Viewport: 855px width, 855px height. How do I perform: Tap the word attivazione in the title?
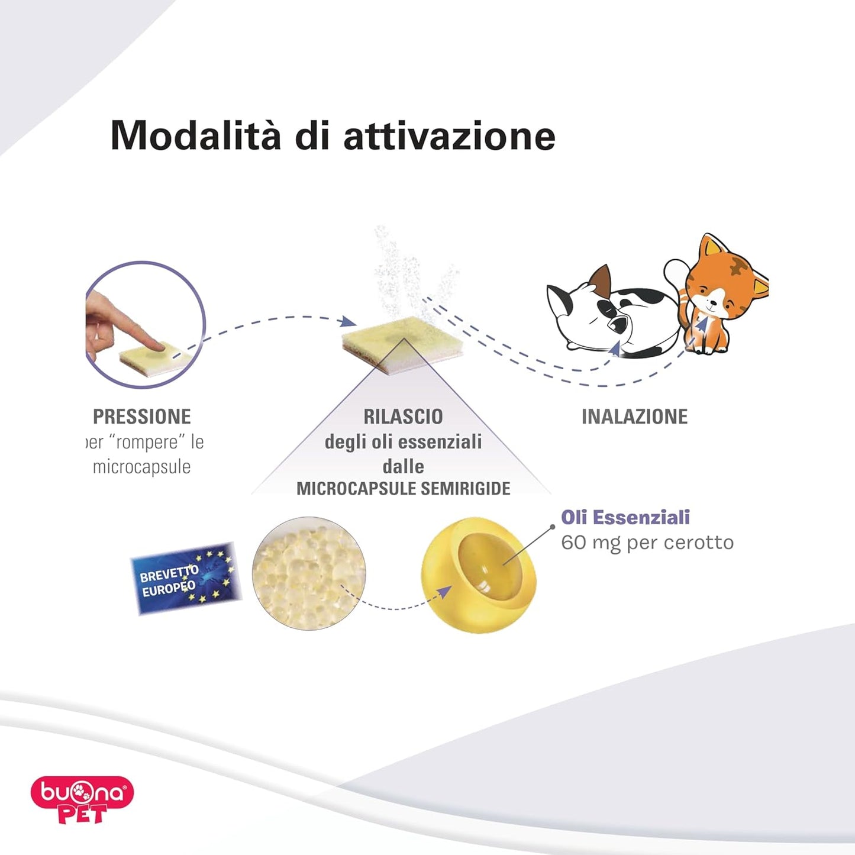(x=449, y=136)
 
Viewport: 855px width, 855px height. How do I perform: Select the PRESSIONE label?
(x=142, y=417)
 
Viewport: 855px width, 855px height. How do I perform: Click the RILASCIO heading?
(x=403, y=417)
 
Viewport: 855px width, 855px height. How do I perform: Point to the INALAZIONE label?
(x=634, y=417)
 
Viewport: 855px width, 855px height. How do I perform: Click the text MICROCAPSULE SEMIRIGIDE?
(x=403, y=489)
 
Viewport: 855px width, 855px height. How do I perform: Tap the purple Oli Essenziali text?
(x=625, y=517)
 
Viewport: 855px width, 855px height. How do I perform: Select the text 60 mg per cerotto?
(x=647, y=543)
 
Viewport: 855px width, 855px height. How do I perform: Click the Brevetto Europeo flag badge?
(x=186, y=579)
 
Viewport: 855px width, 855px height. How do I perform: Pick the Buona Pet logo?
(x=82, y=799)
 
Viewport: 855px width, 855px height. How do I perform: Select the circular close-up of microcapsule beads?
(x=308, y=573)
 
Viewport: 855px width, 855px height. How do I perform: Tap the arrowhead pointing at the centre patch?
(x=350, y=322)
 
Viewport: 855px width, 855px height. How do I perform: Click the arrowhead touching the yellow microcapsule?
(x=445, y=592)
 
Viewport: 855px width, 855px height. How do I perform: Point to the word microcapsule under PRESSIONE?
(x=142, y=467)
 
